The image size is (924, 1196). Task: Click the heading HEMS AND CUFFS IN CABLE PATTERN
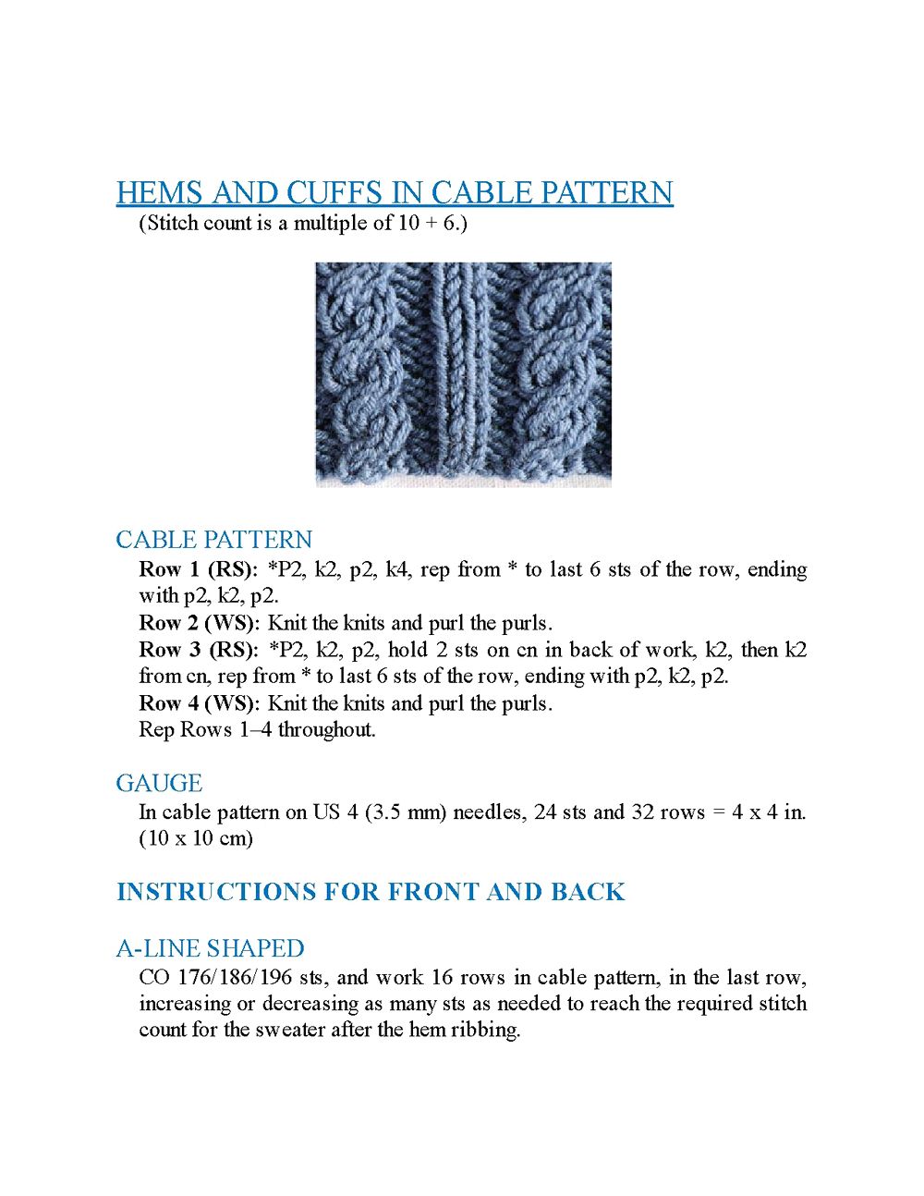pyautogui.click(x=395, y=192)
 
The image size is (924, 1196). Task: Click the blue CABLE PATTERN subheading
pyautogui.click(x=213, y=540)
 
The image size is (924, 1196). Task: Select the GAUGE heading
pyautogui.click(x=159, y=783)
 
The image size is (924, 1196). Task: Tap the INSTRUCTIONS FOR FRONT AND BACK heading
pyautogui.click(x=371, y=892)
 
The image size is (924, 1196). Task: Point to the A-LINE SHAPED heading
pyautogui.click(x=210, y=948)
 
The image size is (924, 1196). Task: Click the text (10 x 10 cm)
pyautogui.click(x=196, y=838)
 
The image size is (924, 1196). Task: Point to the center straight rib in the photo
pyautogui.click(x=456, y=374)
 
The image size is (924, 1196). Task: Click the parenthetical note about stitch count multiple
pyautogui.click(x=303, y=223)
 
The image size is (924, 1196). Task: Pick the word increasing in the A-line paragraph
pyautogui.click(x=186, y=1004)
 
